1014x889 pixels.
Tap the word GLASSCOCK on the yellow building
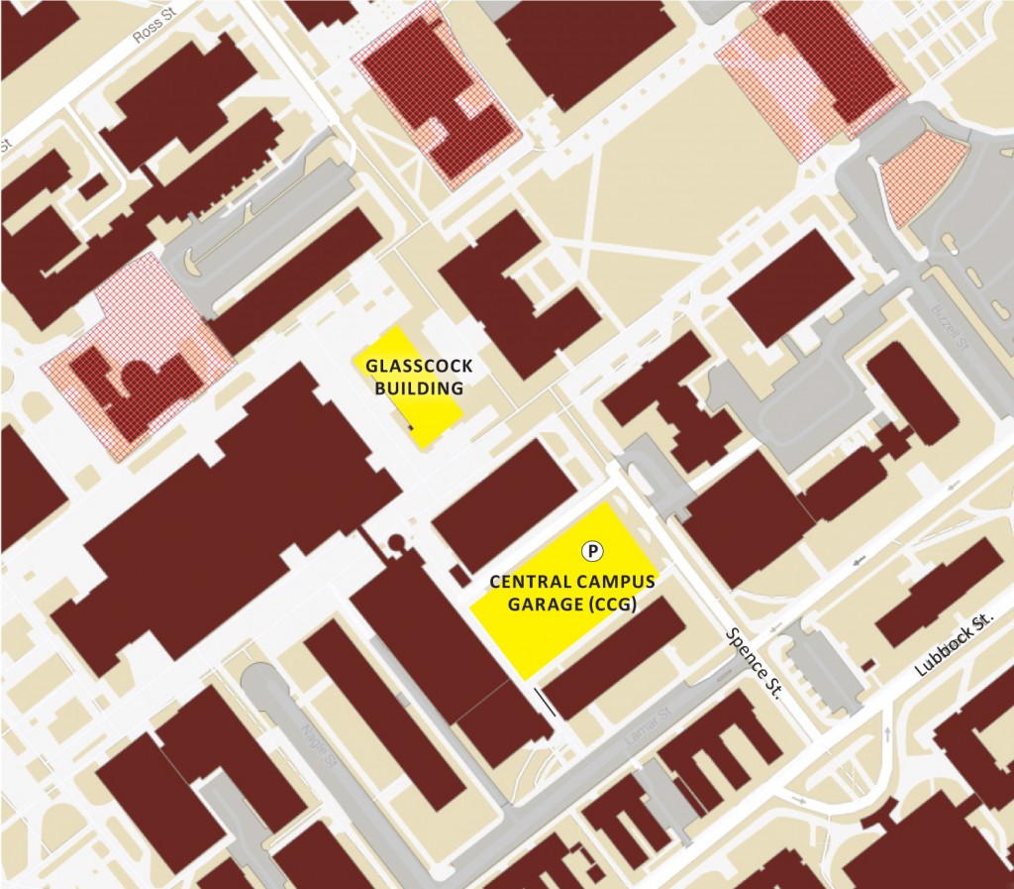pos(419,366)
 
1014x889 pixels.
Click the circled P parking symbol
pos(592,550)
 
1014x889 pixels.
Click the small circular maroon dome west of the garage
pos(396,542)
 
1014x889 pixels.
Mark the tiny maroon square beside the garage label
pos(457,576)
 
